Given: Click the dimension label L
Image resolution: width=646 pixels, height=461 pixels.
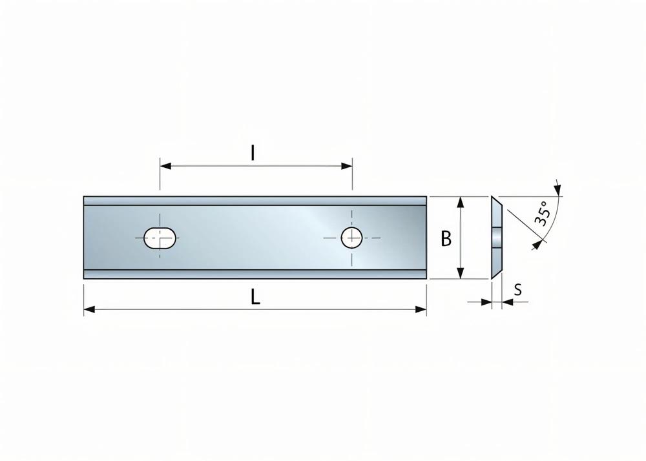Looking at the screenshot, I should [255, 298].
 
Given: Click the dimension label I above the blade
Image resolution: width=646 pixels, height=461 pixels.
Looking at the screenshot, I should [253, 153].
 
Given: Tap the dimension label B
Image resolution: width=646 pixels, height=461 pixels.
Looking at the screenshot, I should [446, 239].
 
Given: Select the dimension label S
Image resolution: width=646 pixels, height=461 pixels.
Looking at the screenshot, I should [517, 291].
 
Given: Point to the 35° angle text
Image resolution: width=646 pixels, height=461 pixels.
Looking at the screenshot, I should [541, 212].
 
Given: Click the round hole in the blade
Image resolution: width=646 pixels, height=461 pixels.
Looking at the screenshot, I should [351, 237].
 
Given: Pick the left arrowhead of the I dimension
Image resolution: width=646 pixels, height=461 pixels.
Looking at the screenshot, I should [166, 167].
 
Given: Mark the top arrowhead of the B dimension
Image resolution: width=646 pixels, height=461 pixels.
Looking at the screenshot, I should [460, 202].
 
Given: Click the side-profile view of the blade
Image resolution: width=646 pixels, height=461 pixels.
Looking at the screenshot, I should [495, 238].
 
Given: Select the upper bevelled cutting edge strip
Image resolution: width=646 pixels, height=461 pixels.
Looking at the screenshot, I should [255, 201].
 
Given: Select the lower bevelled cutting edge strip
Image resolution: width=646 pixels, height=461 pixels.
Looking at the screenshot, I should [255, 274].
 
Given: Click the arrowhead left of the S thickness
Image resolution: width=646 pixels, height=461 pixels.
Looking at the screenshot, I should [486, 302].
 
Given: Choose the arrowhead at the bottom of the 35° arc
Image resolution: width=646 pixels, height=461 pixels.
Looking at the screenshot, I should [536, 244].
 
